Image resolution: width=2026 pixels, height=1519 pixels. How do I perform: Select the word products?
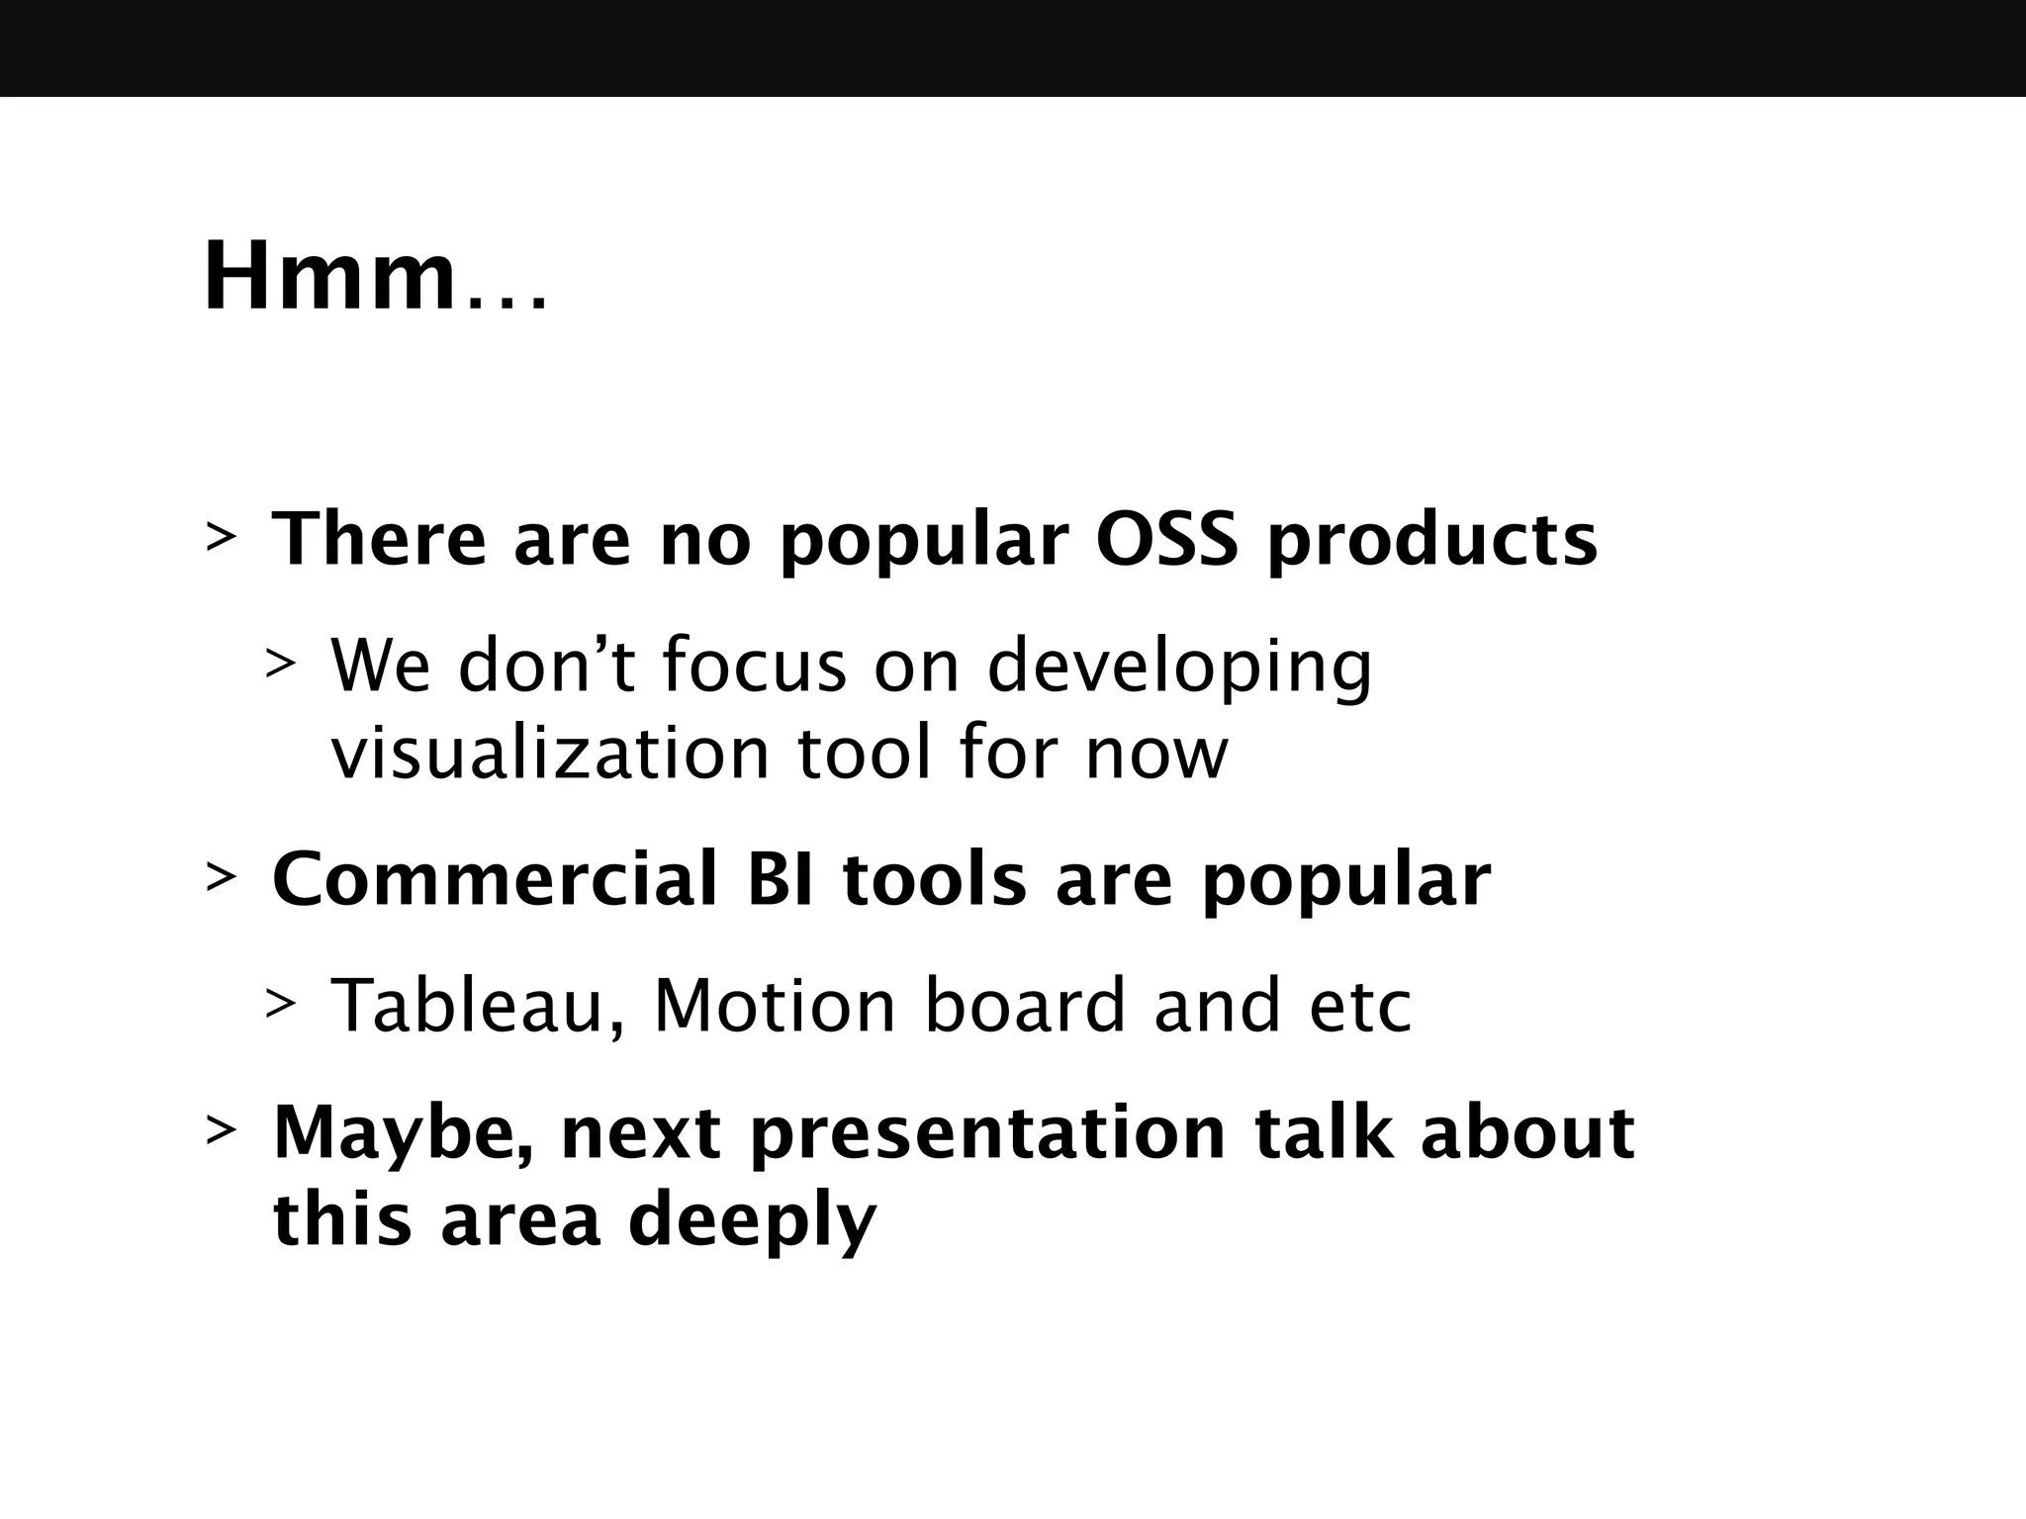click(1431, 541)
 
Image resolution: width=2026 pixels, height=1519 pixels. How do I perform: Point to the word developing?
click(1179, 668)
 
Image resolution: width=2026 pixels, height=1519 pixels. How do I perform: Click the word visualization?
click(550, 754)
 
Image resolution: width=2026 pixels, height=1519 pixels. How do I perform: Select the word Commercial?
click(495, 879)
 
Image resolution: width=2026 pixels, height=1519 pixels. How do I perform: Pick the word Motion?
click(775, 1006)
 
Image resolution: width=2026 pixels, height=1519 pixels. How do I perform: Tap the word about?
click(1526, 1133)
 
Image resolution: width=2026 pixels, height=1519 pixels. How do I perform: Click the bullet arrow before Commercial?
click(220, 877)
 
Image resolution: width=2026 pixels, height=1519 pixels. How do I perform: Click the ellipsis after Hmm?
click(506, 302)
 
